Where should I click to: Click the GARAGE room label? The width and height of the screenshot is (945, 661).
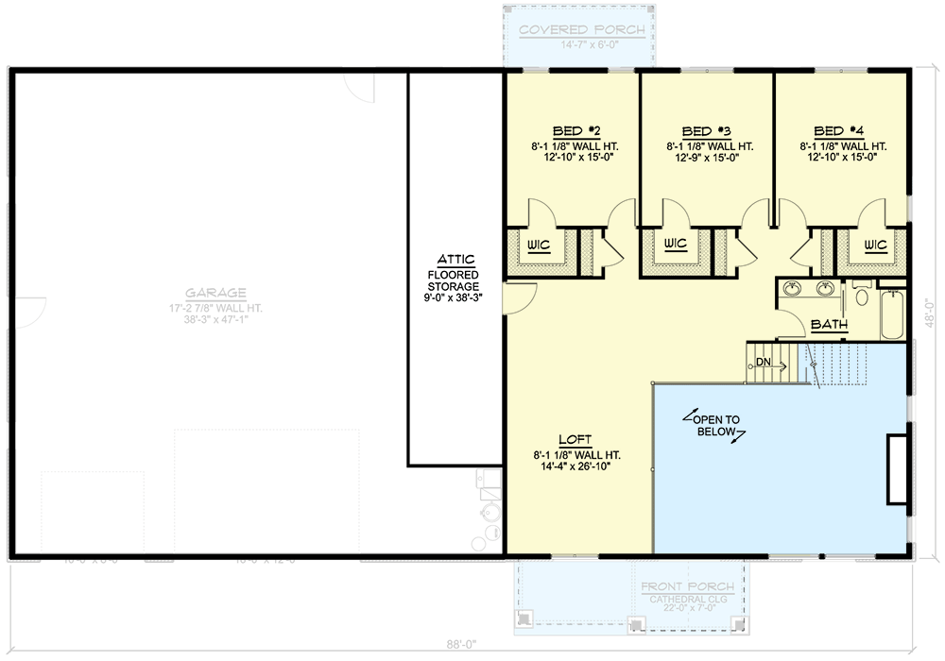click(215, 293)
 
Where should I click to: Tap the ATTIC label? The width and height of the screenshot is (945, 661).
click(455, 259)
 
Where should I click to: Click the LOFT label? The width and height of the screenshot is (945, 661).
click(576, 440)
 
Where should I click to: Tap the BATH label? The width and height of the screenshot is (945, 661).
click(830, 326)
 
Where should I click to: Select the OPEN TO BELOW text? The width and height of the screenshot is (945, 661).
click(717, 425)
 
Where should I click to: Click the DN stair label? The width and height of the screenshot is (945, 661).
click(765, 362)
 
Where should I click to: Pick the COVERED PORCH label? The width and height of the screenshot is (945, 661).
click(582, 29)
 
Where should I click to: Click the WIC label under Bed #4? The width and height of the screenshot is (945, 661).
click(874, 246)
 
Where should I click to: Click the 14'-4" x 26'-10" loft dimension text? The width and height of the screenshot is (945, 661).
click(576, 466)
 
